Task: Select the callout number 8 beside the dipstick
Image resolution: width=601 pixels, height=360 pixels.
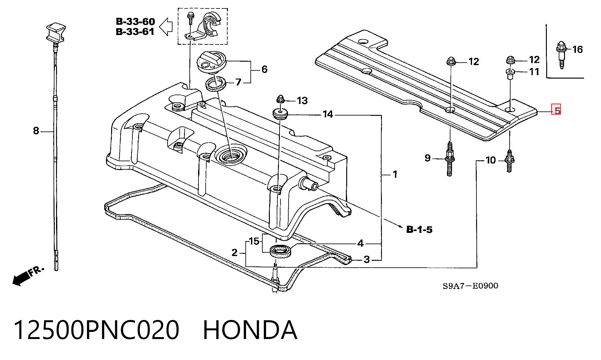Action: tap(36, 131)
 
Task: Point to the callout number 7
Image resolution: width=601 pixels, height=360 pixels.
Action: tap(239, 82)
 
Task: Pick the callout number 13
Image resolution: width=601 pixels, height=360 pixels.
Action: tap(302, 100)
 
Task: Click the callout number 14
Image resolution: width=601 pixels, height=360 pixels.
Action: tap(328, 114)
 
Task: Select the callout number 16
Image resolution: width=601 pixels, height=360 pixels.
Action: tap(578, 49)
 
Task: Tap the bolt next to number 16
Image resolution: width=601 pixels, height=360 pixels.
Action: tap(561, 55)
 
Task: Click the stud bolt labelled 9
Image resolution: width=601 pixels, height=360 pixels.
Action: tap(449, 159)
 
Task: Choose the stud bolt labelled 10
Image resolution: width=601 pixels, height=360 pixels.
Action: tap(509, 161)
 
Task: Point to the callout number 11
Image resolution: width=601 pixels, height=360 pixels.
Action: tap(534, 72)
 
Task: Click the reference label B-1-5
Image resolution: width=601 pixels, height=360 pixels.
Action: tap(419, 229)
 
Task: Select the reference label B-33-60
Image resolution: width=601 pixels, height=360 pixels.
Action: tap(135, 22)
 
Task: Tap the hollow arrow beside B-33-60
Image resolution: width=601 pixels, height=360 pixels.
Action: tap(166, 26)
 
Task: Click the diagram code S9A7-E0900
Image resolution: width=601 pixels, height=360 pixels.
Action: tap(470, 286)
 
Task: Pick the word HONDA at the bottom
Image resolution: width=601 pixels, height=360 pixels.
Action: tap(250, 330)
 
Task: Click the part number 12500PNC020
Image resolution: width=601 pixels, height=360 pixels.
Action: tap(96, 330)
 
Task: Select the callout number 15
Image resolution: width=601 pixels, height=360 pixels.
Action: tap(254, 241)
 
